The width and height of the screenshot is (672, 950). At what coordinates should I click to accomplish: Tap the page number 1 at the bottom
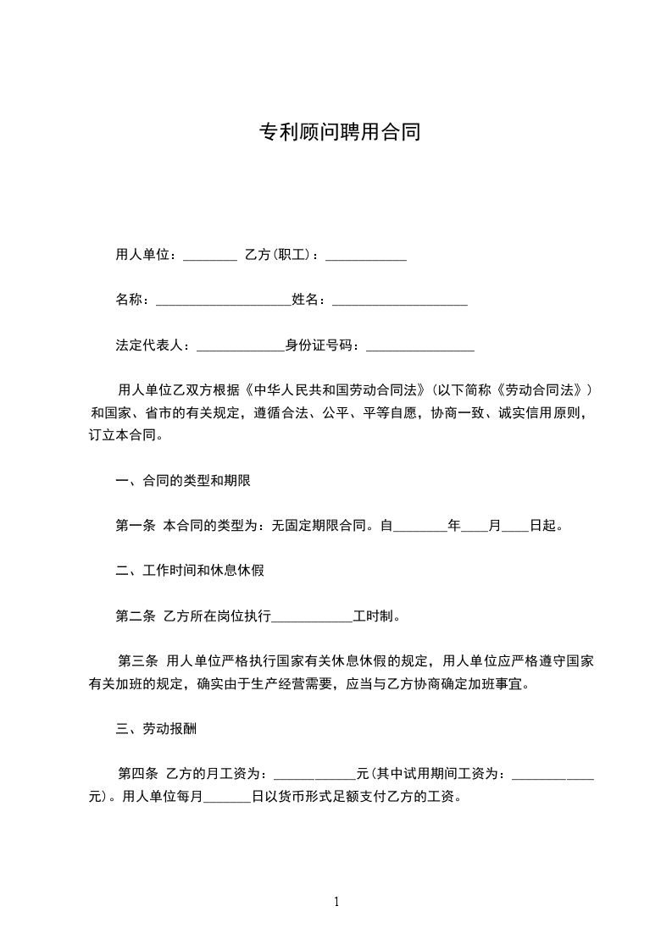pyautogui.click(x=336, y=902)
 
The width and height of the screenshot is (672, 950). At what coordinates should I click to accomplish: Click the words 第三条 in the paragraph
pyautogui.click(x=137, y=660)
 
